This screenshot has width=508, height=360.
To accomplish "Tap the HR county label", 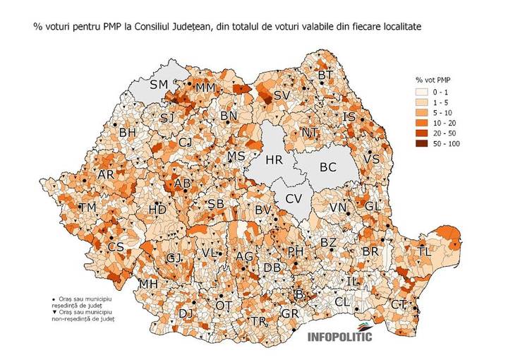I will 273,160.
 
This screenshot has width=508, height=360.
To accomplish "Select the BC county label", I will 327,168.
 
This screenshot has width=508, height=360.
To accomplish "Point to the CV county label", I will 294,198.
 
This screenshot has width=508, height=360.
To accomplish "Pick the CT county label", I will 399,304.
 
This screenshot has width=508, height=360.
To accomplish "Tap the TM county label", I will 88,208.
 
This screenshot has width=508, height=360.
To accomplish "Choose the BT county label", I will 325,75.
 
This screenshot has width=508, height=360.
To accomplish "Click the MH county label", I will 148,284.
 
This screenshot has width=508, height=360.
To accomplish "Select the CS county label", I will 116,247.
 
